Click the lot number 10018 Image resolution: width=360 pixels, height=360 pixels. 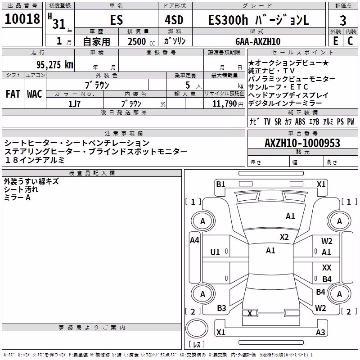coord(22,19)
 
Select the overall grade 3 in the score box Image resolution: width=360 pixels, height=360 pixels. coord(343,21)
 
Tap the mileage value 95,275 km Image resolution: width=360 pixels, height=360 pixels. coord(55,65)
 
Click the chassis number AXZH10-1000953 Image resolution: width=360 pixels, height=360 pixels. coord(302,143)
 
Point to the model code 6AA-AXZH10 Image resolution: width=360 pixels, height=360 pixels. coord(258,41)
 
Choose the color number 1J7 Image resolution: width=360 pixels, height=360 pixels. coord(74,104)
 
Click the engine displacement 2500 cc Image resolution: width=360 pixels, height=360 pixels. coord(141,41)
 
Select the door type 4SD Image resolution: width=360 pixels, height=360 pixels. coord(174,20)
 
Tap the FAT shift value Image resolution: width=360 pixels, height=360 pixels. coord(13,94)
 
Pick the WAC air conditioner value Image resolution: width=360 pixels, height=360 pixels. coord(35,94)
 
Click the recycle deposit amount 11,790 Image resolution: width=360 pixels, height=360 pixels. coord(225,104)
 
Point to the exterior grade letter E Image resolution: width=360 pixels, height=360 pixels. coord(336,41)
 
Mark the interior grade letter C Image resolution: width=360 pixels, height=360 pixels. coord(350,41)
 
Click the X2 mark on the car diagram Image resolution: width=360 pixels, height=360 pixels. coord(284,237)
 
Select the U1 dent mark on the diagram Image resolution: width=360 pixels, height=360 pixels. coord(215,252)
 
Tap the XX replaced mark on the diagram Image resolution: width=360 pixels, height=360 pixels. coord(327,267)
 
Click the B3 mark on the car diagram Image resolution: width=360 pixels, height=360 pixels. coord(221,308)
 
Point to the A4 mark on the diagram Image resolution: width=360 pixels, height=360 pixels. coord(194,240)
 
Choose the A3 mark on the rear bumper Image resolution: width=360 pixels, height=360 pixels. coord(320,332)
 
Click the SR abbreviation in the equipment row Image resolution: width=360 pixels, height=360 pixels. coord(278,121)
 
